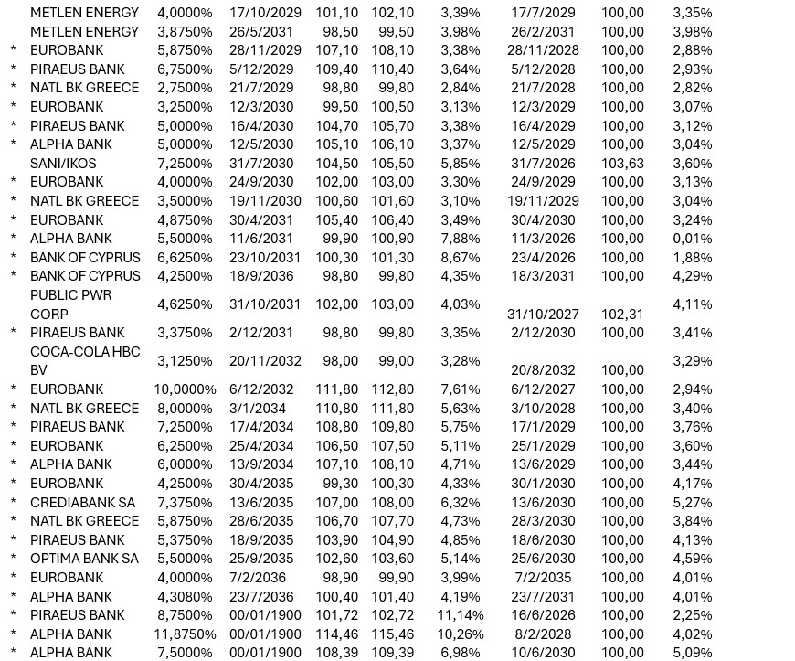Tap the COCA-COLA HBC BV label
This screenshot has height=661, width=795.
[x=84, y=361]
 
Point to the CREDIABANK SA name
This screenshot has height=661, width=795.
[x=82, y=502]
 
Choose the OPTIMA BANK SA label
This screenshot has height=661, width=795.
[x=84, y=559]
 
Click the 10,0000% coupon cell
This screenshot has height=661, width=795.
[x=185, y=389]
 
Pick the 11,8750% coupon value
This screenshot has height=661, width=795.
[x=185, y=634]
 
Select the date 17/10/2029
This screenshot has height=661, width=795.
[x=265, y=13]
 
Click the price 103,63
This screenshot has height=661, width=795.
[x=622, y=164]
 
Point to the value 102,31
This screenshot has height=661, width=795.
[x=622, y=314]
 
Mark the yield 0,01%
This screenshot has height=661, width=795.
[x=692, y=239]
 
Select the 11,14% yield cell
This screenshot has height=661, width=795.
[x=460, y=615]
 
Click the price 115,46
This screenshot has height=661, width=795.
[x=392, y=634]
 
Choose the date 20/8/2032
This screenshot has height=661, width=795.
[x=543, y=370]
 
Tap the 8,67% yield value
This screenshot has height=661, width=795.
[x=460, y=258]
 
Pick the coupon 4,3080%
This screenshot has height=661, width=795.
[x=185, y=597]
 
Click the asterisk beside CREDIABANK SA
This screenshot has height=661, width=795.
[x=13, y=502]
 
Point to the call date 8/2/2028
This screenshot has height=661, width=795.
[x=543, y=634]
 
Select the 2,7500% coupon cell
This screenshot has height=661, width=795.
[x=185, y=88]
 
